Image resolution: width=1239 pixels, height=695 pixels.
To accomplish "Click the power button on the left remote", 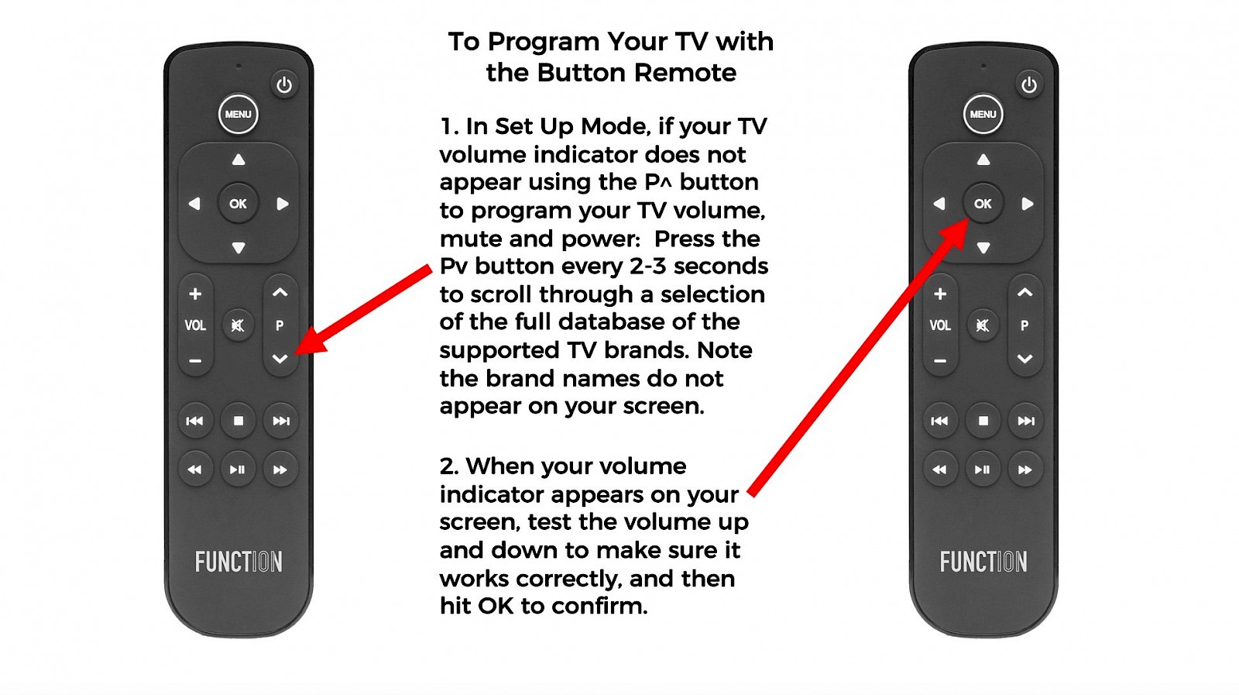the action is pyautogui.click(x=284, y=85).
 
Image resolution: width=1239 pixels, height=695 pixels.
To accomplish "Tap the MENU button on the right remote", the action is pyautogui.click(x=983, y=114).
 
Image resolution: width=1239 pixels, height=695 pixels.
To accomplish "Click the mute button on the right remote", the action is pyautogui.click(x=983, y=325).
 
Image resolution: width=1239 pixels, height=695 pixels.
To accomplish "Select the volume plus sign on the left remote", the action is pyautogui.click(x=194, y=294).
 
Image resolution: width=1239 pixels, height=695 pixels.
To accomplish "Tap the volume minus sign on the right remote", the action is pyautogui.click(x=940, y=361).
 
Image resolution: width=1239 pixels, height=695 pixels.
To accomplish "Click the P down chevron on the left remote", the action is pyautogui.click(x=280, y=359).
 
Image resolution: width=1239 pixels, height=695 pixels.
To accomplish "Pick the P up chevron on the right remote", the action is pyautogui.click(x=1025, y=292).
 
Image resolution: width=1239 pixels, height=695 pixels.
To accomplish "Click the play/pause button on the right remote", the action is pyautogui.click(x=983, y=470).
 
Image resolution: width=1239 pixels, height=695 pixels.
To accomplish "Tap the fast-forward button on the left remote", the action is pyautogui.click(x=280, y=470).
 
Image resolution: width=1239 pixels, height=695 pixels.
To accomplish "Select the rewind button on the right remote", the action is pyautogui.click(x=939, y=470).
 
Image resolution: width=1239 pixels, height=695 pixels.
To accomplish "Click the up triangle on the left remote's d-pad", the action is pyautogui.click(x=239, y=160).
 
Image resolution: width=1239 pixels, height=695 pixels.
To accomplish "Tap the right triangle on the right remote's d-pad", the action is pyautogui.click(x=1028, y=204).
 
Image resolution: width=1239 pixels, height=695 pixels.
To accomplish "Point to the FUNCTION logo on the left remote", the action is pyautogui.click(x=239, y=562).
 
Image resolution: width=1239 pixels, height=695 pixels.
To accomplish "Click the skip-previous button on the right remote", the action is pyautogui.click(x=939, y=421).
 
